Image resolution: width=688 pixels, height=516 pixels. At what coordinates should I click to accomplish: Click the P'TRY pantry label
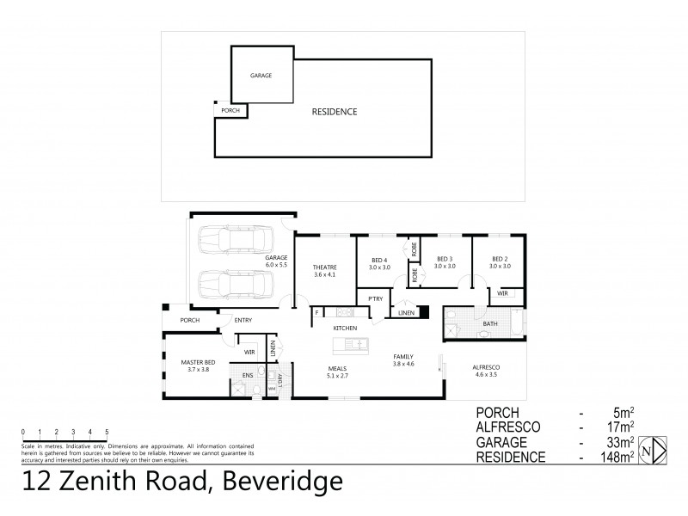tap(375, 298)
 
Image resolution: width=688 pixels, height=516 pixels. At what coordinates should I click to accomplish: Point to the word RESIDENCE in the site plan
tap(335, 112)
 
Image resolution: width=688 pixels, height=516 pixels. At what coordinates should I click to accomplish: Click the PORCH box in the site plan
tap(230, 111)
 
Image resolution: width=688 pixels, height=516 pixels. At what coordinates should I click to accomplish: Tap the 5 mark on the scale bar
tap(107, 430)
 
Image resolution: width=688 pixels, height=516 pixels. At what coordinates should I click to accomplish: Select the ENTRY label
tap(243, 321)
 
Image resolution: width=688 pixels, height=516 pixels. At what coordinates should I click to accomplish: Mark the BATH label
tap(490, 324)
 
